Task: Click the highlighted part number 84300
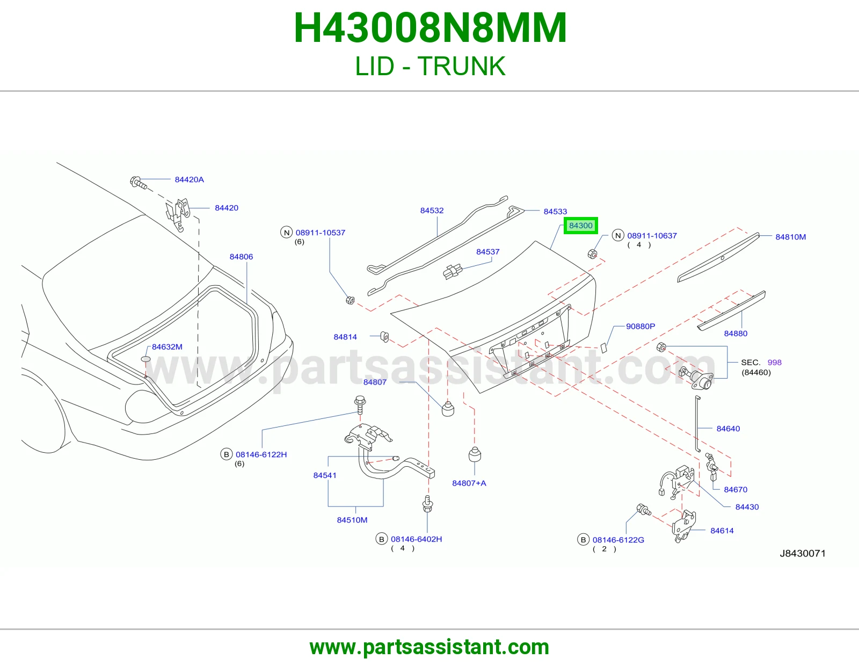pos(580,226)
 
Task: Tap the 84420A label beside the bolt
pos(190,179)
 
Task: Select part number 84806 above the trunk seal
pos(241,257)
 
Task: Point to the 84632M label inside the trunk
pos(167,347)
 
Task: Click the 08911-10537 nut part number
pos(321,233)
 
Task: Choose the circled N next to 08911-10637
pos(618,235)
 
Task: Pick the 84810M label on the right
pos(791,237)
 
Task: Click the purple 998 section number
pos(774,362)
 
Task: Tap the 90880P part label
pos(640,326)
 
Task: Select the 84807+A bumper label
pos(469,483)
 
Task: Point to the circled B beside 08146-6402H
pos(382,539)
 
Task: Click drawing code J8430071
pos(803,553)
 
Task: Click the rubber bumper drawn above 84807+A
pos(475,454)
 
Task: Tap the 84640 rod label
pos(728,428)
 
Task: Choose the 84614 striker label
pos(722,530)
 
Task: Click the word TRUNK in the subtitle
pos(461,66)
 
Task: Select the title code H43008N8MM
pos(430,28)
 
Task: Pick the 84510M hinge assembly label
pos(352,520)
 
